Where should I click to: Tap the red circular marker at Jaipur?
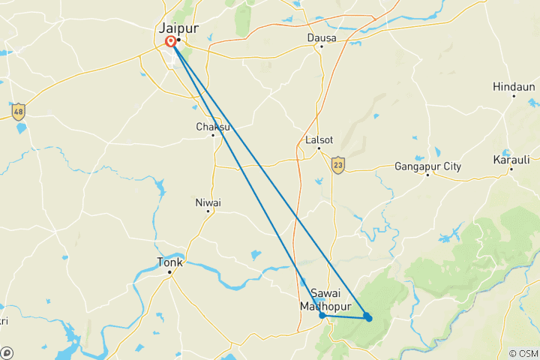point(172,42)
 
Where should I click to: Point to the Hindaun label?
point(514,87)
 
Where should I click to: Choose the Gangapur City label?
point(427,166)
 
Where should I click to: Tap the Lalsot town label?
point(319,139)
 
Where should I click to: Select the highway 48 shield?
point(18,112)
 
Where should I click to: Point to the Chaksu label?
point(212,126)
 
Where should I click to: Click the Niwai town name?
point(208,202)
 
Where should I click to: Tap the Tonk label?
point(169,262)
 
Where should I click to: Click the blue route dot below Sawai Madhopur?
point(322,315)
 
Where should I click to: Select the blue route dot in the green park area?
point(368,318)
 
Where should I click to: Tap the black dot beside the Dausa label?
point(321,46)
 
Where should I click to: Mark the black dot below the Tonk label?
point(170,271)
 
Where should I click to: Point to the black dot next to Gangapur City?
point(427,175)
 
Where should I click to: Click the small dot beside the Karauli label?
point(511,169)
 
